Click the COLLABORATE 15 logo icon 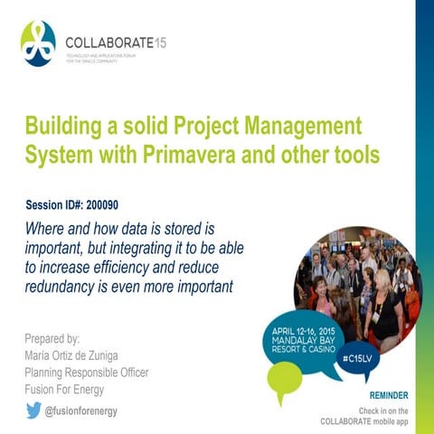pyautogui.click(x=38, y=43)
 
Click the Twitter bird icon pyautogui.click(x=33, y=410)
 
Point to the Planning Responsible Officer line pyautogui.click(x=86, y=373)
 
